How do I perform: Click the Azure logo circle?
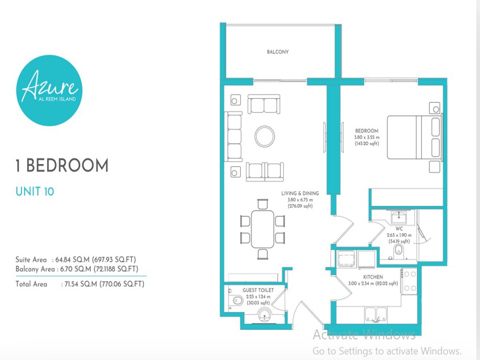(x=50, y=90)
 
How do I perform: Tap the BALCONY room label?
(x=278, y=52)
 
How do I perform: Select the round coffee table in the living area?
(x=265, y=136)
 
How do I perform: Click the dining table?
(x=262, y=229)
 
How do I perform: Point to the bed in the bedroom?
(x=415, y=137)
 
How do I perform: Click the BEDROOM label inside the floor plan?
(x=367, y=131)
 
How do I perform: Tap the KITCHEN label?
(x=373, y=277)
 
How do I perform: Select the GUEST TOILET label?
(x=258, y=290)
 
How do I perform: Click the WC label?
(x=399, y=229)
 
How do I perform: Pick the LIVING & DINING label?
(x=300, y=194)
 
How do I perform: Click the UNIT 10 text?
(x=35, y=192)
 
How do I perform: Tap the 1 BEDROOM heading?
(x=62, y=166)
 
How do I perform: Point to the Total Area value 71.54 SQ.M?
(x=81, y=284)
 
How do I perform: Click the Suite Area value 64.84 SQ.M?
(x=72, y=260)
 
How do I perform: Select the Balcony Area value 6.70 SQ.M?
(x=76, y=269)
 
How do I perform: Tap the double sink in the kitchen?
(x=376, y=314)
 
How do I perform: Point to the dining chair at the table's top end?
(x=262, y=204)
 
